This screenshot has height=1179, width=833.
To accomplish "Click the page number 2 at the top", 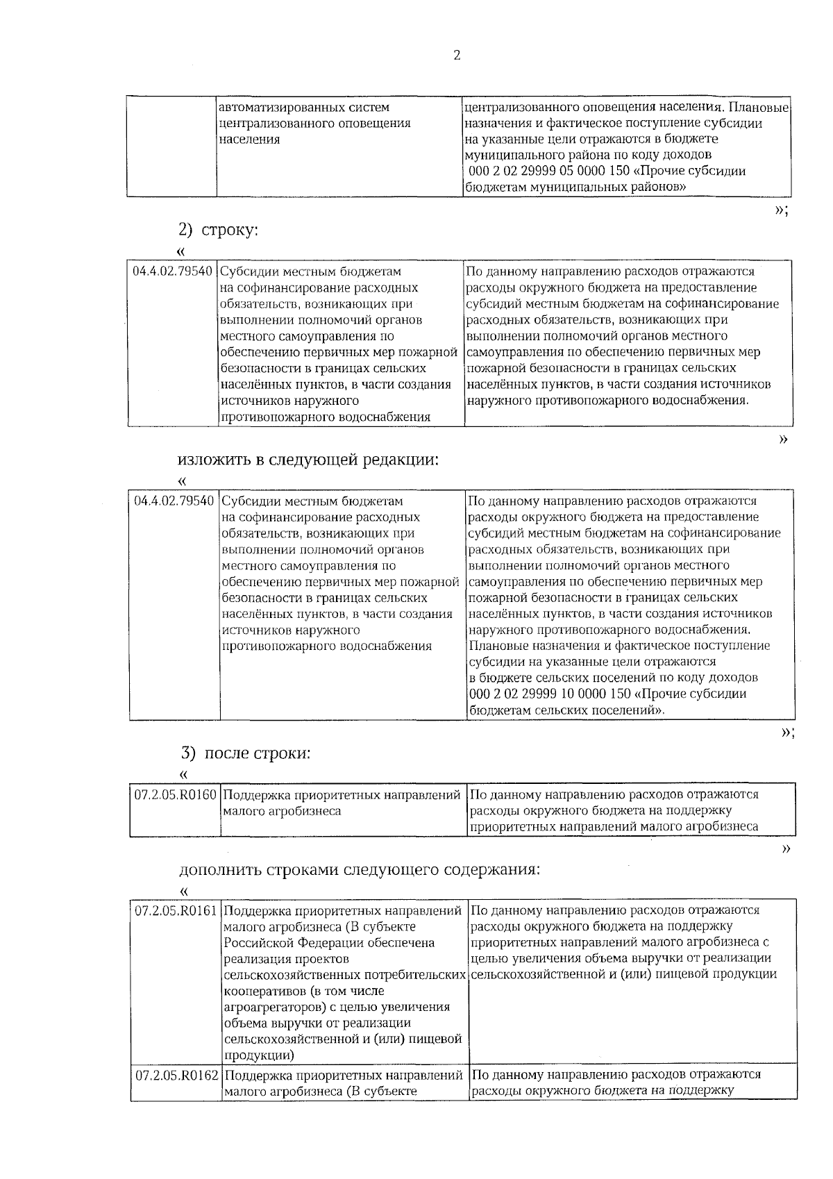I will pyautogui.click(x=456, y=56).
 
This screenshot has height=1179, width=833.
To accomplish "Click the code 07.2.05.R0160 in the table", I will pyautogui.click(x=176, y=794).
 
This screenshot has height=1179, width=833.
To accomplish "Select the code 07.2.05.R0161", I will pyautogui.click(x=176, y=910).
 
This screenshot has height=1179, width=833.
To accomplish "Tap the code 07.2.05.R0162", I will pyautogui.click(x=176, y=1076).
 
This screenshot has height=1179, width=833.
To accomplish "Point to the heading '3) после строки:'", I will pyautogui.click(x=246, y=753).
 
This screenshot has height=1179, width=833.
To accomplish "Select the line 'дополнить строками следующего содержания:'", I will pyautogui.click(x=359, y=870).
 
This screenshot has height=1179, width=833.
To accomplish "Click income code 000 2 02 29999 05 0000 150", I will pyautogui.click(x=541, y=172).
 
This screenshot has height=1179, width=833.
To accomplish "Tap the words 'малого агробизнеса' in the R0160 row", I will pyautogui.click(x=282, y=811).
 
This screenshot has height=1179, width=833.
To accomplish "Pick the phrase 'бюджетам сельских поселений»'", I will pyautogui.click(x=566, y=710).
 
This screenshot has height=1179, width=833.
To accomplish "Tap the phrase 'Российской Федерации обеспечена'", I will pyautogui.click(x=328, y=943).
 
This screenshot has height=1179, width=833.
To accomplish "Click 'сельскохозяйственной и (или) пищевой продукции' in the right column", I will pyautogui.click(x=623, y=974).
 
